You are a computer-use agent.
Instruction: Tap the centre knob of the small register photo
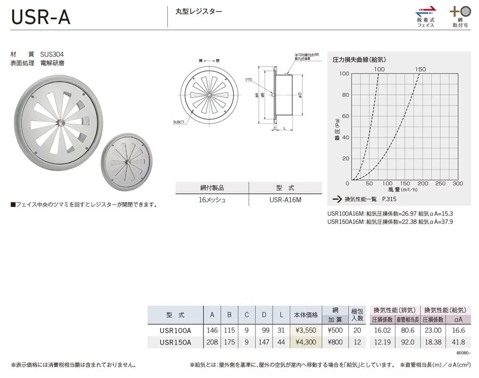tap(128, 161)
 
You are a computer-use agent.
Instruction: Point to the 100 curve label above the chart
tap(379, 69)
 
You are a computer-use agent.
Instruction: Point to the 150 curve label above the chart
tap(420, 69)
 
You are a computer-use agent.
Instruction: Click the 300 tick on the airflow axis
tap(457, 184)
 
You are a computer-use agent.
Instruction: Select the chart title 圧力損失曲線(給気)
tap(359, 60)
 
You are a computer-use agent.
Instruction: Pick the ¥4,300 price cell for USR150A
tap(305, 342)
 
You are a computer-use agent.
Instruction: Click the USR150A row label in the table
tap(175, 342)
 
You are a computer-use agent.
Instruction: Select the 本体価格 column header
tap(305, 315)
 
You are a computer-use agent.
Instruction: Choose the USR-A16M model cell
tap(285, 200)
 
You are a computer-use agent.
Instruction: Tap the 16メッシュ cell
tap(212, 200)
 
